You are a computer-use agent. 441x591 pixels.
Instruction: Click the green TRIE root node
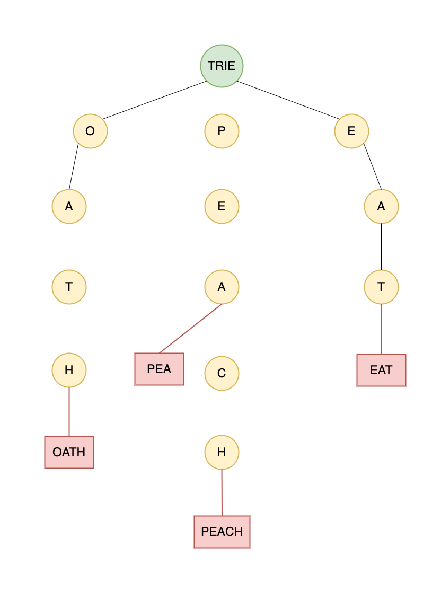[222, 66]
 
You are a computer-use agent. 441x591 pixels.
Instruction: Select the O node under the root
[90, 131]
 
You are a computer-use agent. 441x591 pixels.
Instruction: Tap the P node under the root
[222, 131]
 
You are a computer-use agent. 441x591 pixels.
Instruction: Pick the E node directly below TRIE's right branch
[351, 131]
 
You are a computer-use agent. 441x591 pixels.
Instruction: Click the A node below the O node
[69, 206]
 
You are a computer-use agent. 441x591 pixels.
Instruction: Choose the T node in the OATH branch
[69, 287]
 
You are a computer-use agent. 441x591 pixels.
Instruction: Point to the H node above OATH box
[69, 370]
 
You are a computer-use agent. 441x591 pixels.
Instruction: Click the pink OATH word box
[69, 452]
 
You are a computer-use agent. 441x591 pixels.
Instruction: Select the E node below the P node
[222, 206]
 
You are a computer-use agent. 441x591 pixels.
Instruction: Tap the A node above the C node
[222, 287]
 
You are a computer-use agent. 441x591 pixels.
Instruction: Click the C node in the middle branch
[222, 373]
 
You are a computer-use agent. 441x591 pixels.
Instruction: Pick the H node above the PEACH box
[222, 452]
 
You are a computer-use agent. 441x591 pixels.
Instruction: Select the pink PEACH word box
[222, 532]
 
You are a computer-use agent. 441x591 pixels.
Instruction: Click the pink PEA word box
[159, 369]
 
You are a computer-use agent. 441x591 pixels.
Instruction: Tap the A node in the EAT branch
[381, 206]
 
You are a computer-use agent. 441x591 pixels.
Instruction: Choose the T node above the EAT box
[381, 287]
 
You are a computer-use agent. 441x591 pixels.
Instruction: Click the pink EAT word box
[381, 370]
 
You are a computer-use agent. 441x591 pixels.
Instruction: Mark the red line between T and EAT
[381, 329]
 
